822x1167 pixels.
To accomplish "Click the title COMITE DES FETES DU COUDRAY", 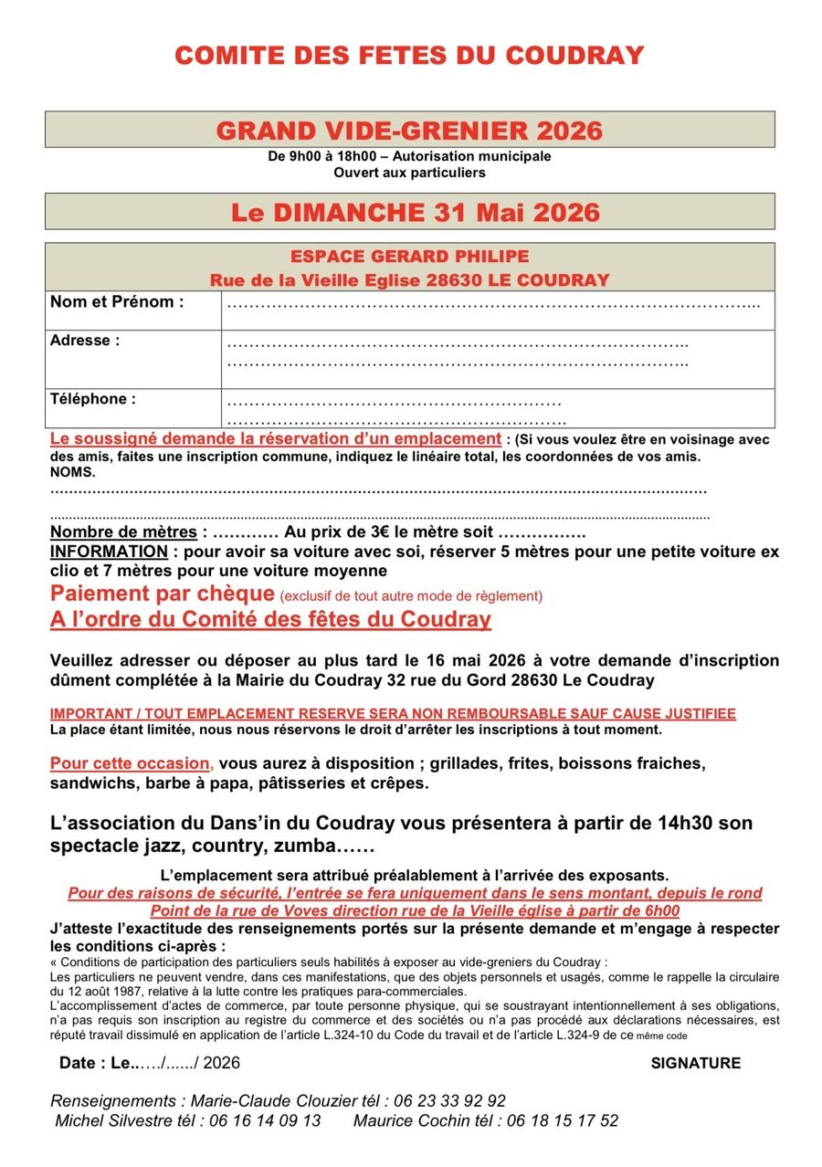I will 409,56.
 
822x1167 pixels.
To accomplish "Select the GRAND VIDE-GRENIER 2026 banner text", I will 409,131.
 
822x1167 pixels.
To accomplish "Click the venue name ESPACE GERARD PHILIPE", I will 409,258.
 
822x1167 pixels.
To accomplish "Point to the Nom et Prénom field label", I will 117,302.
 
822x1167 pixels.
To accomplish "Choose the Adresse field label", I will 85,341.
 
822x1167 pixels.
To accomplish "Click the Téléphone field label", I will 93,399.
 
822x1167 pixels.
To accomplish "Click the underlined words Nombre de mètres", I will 123,532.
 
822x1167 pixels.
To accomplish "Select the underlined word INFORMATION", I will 109,552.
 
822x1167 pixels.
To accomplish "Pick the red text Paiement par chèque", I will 163,594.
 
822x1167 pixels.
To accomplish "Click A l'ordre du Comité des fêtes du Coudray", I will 270,620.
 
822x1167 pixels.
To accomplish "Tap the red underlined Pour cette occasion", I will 132,763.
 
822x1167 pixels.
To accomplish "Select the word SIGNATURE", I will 695,1063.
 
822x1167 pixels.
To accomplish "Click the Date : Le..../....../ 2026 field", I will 150,1063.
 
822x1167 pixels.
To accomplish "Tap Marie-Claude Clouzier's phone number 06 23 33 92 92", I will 444,1101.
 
